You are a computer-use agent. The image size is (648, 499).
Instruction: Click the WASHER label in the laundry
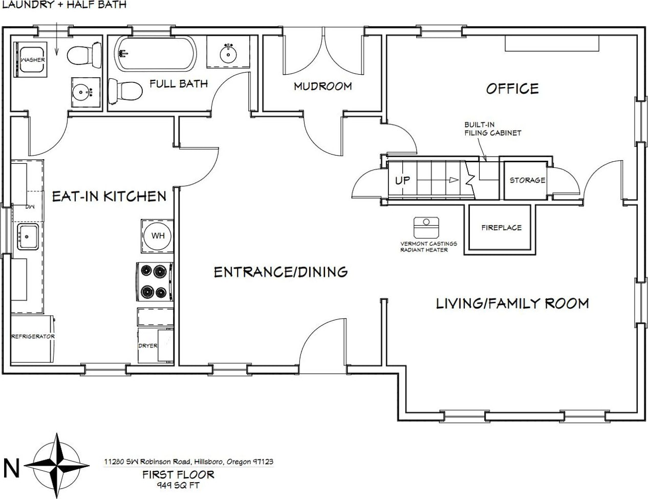(x=33, y=59)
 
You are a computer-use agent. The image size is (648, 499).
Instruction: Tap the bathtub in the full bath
(x=155, y=53)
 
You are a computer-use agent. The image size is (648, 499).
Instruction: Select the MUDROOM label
(x=322, y=86)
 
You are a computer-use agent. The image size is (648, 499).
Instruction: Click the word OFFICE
(x=512, y=89)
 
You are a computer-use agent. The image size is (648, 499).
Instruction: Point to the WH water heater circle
(x=158, y=236)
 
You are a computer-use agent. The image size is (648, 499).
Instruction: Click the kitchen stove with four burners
(x=155, y=281)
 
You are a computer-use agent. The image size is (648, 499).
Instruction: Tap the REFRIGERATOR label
(x=33, y=336)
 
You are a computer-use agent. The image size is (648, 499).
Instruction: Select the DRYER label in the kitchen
(x=147, y=346)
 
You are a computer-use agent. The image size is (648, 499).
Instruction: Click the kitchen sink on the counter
(x=28, y=236)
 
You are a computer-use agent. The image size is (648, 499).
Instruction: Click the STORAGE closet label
(x=527, y=180)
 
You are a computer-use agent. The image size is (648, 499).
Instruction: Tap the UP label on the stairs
(x=402, y=180)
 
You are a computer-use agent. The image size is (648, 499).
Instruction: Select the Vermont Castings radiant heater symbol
(x=426, y=227)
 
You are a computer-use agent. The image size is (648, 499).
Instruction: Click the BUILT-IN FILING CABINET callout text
(x=492, y=129)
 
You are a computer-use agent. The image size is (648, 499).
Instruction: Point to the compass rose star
(x=57, y=465)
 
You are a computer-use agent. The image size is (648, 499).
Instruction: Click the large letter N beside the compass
(x=11, y=468)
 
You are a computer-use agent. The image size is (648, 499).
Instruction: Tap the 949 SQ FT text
(x=178, y=486)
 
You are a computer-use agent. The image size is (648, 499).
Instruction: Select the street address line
(x=188, y=462)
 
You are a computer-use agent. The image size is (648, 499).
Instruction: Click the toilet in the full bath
(x=125, y=91)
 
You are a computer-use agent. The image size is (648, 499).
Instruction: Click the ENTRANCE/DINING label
(x=280, y=272)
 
